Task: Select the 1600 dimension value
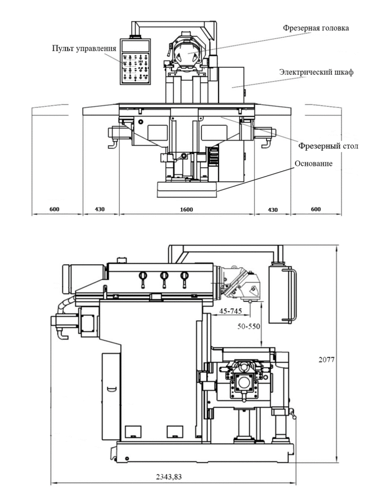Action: pos(186,209)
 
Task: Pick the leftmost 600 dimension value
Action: pos(54,209)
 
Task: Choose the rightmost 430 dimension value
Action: pos(272,209)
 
